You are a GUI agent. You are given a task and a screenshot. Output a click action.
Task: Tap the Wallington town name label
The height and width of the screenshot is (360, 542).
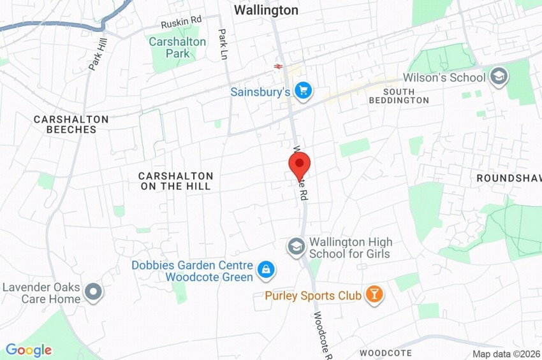tap(266, 10)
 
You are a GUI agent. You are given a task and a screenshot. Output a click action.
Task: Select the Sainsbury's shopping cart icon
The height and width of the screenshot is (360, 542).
tap(303, 92)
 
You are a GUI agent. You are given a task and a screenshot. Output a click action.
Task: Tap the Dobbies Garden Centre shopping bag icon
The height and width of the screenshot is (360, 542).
tap(264, 271)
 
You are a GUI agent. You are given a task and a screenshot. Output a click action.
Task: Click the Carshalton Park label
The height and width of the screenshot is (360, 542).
tap(177, 48)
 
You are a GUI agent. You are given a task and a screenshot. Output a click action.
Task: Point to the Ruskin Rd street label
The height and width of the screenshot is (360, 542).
tap(181, 22)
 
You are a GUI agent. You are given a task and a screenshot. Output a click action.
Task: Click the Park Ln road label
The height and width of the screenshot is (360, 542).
tap(223, 45)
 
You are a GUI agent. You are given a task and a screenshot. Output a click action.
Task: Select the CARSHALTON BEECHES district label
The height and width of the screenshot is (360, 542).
tap(71, 124)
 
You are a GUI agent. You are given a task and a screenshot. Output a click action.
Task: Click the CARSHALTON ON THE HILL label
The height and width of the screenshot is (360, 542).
tap(176, 180)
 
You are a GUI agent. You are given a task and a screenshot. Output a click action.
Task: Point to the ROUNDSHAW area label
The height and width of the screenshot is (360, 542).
tap(508, 178)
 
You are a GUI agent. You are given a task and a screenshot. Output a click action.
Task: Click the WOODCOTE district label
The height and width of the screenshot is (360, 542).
tap(385, 352)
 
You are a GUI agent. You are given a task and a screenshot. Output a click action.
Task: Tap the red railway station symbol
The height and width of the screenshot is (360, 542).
tap(278, 66)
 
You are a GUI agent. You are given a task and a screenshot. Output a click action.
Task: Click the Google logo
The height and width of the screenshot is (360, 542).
tap(29, 350)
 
